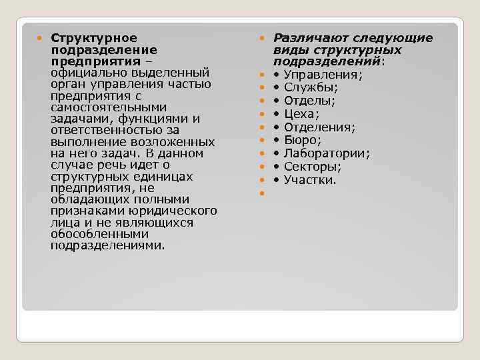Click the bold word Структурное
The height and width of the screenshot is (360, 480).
[x=93, y=38]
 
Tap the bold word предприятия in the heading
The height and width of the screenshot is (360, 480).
[x=83, y=61]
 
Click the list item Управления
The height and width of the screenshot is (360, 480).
[x=323, y=75]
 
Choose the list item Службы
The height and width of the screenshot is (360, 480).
[x=311, y=87]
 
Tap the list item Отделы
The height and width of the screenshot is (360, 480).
[x=309, y=101]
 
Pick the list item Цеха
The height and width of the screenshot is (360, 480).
[x=301, y=114]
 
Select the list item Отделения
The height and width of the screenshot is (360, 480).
[x=319, y=127]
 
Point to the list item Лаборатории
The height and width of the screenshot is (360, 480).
[x=327, y=153]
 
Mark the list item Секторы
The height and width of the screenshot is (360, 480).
[x=312, y=167]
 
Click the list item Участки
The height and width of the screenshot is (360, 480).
[x=311, y=180]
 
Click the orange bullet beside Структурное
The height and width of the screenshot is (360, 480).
[x=41, y=38]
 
